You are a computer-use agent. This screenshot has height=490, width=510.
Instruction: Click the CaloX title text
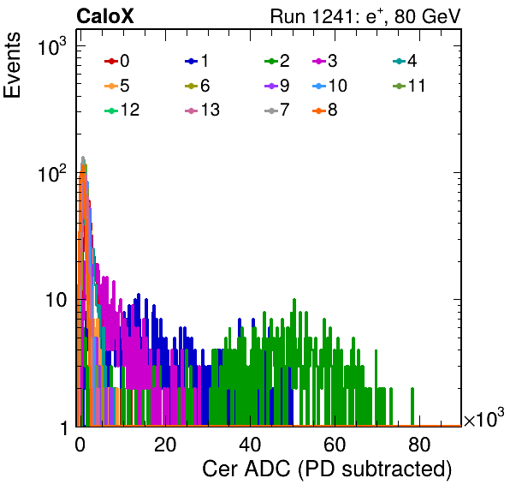pos(105,16)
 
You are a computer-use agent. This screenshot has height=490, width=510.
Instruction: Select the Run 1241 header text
pos(365,16)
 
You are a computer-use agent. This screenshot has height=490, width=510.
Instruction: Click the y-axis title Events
pos(12,65)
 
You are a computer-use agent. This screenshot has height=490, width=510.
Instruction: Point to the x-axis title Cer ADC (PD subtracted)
pos(327,469)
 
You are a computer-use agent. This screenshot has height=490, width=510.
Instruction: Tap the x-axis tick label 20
pos(165,445)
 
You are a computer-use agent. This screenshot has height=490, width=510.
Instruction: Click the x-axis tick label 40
pos(250,445)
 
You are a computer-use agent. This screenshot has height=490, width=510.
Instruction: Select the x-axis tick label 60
pos(335,445)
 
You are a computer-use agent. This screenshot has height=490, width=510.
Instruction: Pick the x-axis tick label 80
pos(419,445)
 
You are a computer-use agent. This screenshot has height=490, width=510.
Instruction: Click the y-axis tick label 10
pos(56,300)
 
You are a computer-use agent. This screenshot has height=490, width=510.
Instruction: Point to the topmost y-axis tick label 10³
pos(52,46)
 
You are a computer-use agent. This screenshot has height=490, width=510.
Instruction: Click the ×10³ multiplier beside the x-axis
pos(484,418)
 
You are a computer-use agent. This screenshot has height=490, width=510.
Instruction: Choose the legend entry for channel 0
pos(116,61)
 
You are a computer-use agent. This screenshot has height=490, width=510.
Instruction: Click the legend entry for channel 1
pos(197,61)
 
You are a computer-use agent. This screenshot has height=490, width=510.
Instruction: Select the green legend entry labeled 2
pos(277,61)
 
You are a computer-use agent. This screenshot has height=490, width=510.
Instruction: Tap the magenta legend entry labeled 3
pos(325,61)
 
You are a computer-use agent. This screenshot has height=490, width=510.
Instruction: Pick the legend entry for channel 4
pos(405,61)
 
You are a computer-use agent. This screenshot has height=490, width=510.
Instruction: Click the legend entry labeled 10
pos(329,86)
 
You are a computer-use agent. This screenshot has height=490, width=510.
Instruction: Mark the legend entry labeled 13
pos(202,110)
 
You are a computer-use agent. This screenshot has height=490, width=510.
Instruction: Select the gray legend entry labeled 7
pos(277,110)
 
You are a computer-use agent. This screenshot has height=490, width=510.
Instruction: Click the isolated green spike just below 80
pos(412,406)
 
